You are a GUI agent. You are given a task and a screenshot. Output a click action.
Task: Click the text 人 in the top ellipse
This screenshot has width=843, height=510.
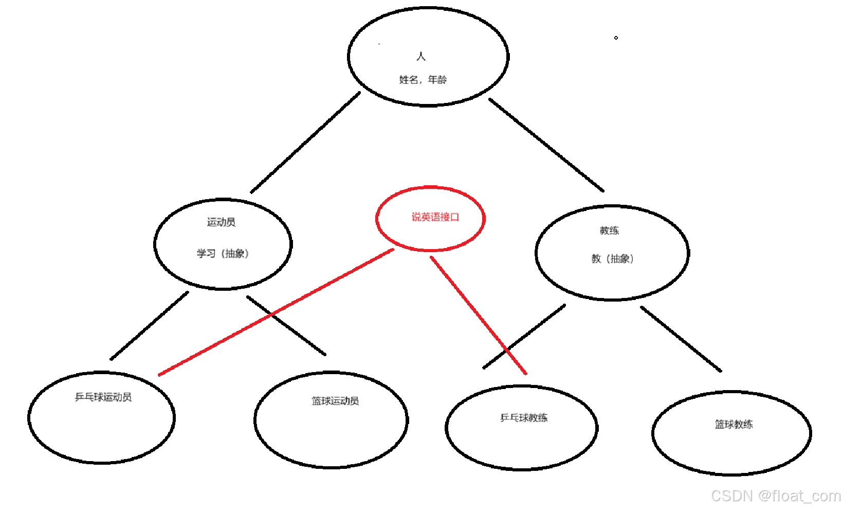(x=421, y=56)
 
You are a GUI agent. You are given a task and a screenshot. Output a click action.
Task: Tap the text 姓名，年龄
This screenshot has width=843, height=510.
(x=423, y=80)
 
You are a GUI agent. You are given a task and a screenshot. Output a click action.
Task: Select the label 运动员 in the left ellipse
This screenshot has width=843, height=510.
(x=221, y=222)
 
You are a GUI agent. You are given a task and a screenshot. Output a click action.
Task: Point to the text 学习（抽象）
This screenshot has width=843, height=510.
(x=223, y=254)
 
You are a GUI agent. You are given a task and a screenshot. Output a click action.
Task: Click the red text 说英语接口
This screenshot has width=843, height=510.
(x=435, y=217)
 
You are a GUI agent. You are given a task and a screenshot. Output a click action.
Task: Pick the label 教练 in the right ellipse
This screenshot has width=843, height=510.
(x=609, y=231)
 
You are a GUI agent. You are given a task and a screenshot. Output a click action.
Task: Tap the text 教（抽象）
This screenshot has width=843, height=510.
(x=612, y=259)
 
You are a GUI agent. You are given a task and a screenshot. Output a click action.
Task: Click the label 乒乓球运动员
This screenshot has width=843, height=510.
(x=103, y=397)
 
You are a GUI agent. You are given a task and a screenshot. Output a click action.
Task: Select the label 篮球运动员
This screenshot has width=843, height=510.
(x=335, y=401)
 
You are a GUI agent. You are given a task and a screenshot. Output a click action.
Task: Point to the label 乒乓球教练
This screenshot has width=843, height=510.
(x=524, y=418)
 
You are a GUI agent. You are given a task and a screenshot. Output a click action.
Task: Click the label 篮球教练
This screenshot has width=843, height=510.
(x=734, y=424)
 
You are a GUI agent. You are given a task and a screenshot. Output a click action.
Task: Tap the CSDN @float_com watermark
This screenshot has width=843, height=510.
(x=776, y=496)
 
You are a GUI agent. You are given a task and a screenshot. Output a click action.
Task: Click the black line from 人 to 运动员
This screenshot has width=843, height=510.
(x=305, y=143)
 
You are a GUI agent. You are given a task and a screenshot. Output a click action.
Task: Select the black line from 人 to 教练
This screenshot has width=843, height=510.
(x=546, y=145)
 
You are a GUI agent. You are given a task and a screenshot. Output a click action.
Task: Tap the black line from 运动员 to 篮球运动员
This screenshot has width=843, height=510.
(x=286, y=325)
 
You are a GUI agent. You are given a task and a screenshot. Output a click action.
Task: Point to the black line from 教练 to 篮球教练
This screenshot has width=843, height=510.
(x=681, y=339)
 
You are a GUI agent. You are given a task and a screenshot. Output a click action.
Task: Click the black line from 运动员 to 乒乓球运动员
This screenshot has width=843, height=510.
(x=149, y=326)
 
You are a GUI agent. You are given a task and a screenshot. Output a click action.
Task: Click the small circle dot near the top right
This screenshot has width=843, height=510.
(x=616, y=38)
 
